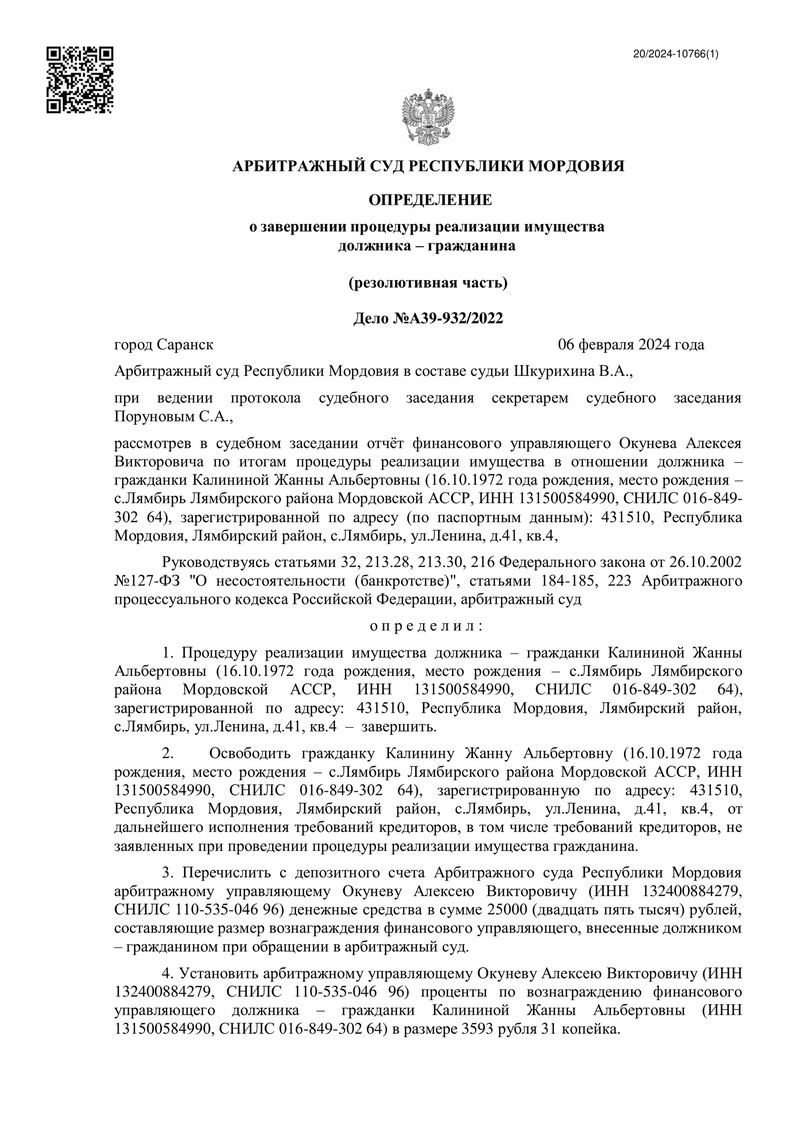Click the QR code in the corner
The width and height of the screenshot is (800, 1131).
[x=80, y=80]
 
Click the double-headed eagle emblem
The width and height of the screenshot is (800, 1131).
[x=427, y=117]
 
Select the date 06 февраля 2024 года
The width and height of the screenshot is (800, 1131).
[x=631, y=345]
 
